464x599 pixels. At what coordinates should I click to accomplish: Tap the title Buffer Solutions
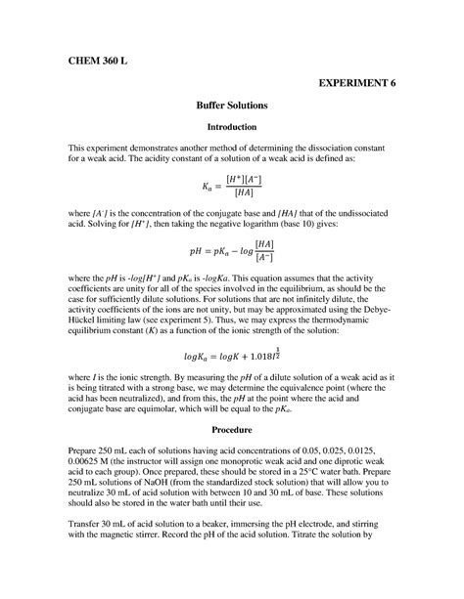(232, 105)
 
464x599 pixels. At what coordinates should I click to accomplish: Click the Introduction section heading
(232, 127)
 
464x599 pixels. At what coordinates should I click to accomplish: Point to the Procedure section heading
(232, 429)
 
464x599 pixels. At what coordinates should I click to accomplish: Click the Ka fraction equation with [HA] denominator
(232, 186)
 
